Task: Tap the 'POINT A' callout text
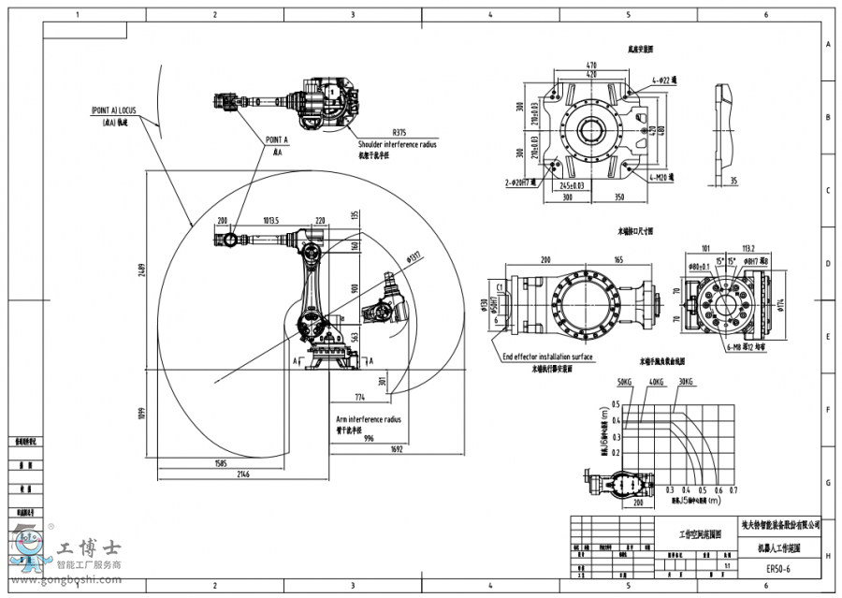point(277,139)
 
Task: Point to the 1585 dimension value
point(220,463)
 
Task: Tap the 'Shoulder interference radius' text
point(398,145)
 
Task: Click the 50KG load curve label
point(625,382)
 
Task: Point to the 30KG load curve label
point(686,382)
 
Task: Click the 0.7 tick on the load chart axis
point(733,489)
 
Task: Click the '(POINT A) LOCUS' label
point(113,110)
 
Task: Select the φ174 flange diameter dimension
point(782,305)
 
